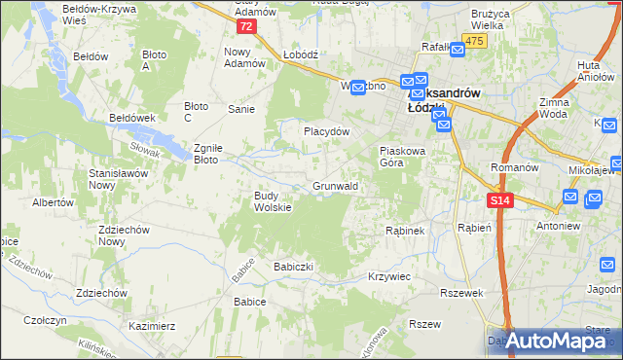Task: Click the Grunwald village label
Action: [x=336, y=185]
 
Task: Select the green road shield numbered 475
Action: [x=474, y=40]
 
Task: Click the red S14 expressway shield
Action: [x=499, y=199]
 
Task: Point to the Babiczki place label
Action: [x=298, y=266]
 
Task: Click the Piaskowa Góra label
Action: [x=403, y=157]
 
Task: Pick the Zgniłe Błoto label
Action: [x=208, y=153]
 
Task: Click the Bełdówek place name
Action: [x=133, y=117]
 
